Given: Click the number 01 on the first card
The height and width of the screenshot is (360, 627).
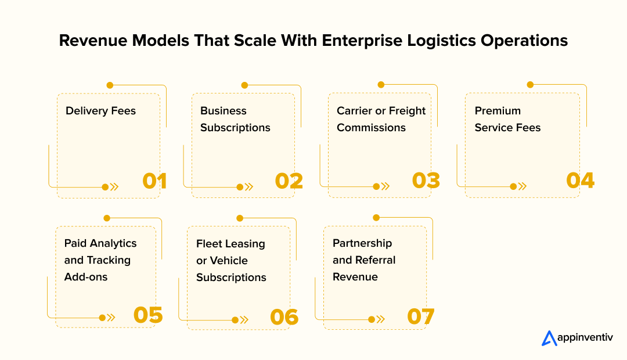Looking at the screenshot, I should [154, 181].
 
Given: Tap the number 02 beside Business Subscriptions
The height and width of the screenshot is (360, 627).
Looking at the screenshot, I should [289, 181].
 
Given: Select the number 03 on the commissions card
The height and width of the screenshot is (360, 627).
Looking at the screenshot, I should [426, 181].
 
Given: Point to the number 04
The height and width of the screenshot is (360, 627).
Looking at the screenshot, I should [580, 181].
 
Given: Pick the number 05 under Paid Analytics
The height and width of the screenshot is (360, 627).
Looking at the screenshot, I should [148, 315].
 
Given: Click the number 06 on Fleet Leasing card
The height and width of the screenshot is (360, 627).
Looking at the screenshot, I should [284, 317].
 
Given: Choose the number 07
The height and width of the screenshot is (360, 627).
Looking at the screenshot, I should [421, 316].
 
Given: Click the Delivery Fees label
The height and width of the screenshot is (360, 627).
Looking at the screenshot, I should [100, 111].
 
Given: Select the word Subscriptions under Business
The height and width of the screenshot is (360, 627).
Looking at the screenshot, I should [235, 128].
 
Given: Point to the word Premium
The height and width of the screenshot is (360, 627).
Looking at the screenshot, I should [498, 111].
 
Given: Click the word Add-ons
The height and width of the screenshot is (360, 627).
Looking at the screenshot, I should [86, 277].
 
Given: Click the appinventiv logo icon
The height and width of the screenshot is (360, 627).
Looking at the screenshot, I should [549, 339].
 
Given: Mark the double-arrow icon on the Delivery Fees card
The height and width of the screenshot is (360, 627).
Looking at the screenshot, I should [114, 187].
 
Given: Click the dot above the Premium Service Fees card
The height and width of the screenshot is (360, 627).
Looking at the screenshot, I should [530, 85].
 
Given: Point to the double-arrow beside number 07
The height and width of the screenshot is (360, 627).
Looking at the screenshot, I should [381, 319].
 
